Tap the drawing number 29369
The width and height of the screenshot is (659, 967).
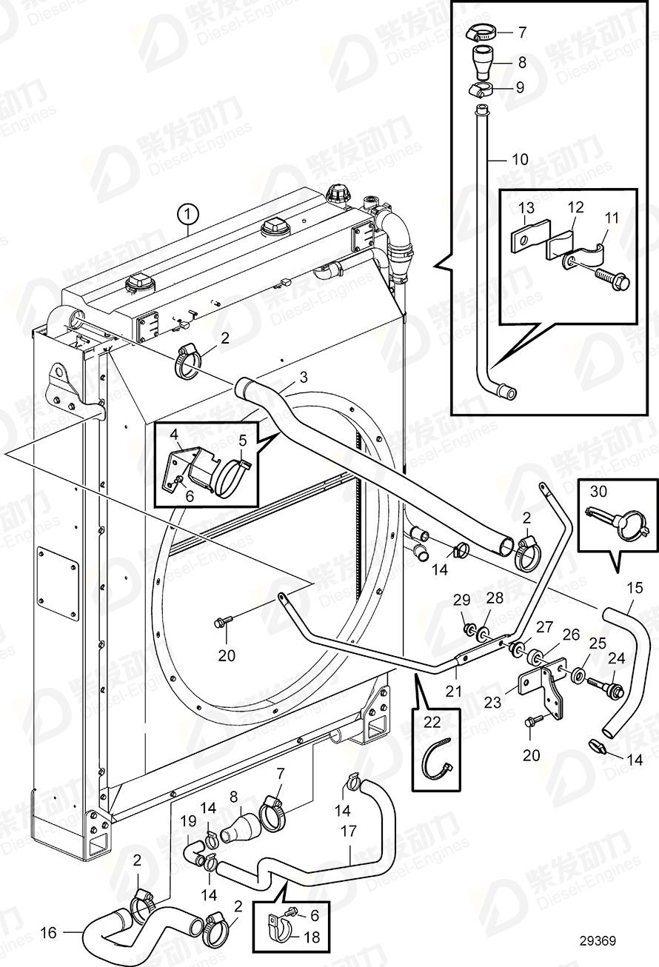[598, 941]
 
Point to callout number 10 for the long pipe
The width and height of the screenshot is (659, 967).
[521, 158]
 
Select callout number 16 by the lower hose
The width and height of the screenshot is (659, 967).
[48, 934]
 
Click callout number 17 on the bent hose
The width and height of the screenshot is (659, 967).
[348, 832]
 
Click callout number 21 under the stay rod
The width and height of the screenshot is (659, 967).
[454, 691]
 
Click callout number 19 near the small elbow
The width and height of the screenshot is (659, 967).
[188, 820]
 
